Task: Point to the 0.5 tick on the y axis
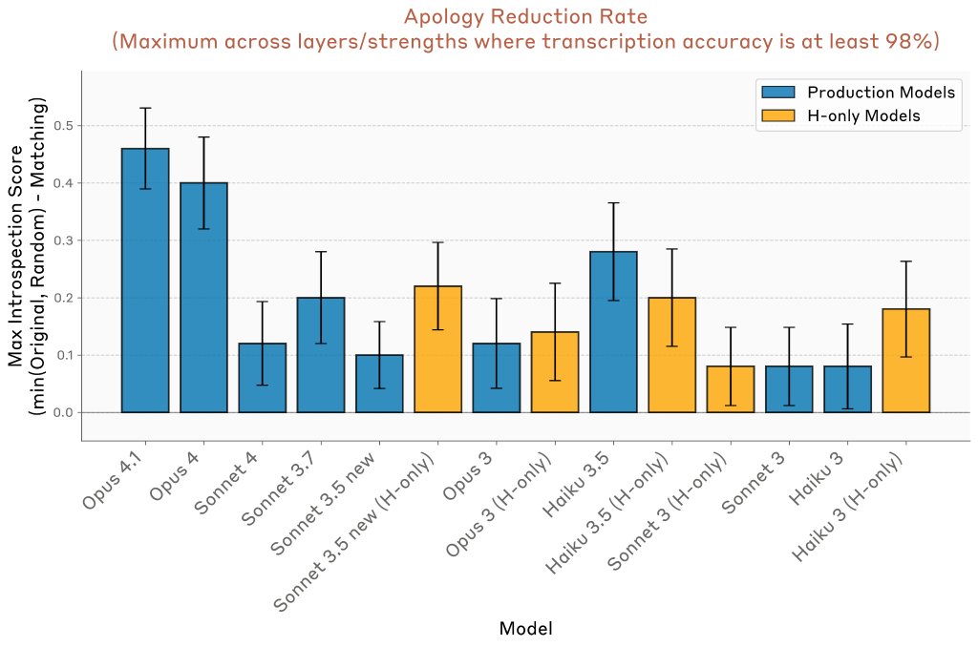tap(64, 126)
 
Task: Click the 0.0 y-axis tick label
tap(64, 412)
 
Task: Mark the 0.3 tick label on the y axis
tap(64, 240)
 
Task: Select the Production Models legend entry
tap(880, 93)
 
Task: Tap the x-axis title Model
tap(525, 628)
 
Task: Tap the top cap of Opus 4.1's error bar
tap(145, 108)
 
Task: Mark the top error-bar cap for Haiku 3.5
tap(613, 203)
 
